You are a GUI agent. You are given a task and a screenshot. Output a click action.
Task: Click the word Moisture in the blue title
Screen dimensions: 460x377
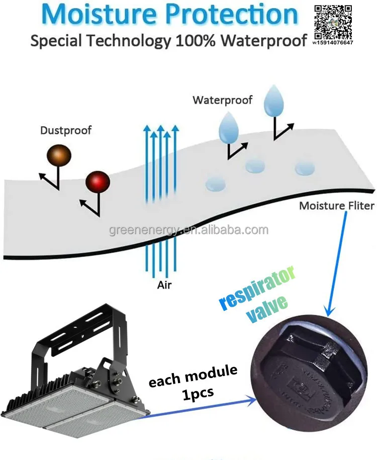pyautogui.click(x=96, y=15)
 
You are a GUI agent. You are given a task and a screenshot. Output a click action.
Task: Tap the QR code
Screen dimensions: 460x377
pyautogui.click(x=334, y=20)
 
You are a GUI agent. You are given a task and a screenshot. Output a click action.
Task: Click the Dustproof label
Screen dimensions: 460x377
pyautogui.click(x=66, y=131)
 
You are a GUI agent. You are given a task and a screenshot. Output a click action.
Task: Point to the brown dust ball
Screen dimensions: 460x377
pyautogui.click(x=59, y=154)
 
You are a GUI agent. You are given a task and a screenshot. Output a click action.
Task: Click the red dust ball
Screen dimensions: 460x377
pyautogui.click(x=98, y=181)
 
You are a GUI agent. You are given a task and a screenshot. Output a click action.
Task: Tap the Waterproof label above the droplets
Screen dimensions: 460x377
pyautogui.click(x=223, y=100)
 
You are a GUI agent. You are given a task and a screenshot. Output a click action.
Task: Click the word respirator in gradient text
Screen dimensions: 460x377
pyautogui.click(x=257, y=290)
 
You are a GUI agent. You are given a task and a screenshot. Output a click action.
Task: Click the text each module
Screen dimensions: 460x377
pyautogui.click(x=193, y=375)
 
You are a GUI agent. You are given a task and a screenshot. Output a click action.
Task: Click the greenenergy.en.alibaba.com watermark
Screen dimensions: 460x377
pyautogui.click(x=189, y=231)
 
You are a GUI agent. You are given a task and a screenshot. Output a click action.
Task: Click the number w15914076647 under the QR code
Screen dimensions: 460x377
pyautogui.click(x=333, y=43)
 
